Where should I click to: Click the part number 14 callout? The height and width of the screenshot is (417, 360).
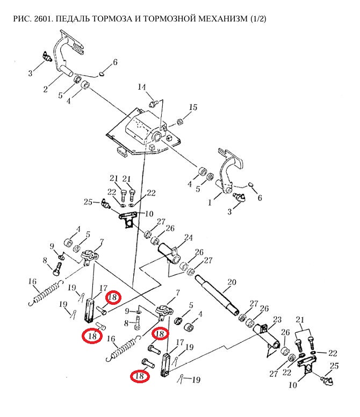[x=142, y=87]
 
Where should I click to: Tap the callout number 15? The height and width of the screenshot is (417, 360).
[x=192, y=108]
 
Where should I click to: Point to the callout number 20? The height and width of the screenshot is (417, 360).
[x=232, y=282]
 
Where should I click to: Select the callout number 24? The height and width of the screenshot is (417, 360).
[x=188, y=238]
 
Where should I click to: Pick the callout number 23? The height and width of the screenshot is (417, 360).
[x=277, y=320]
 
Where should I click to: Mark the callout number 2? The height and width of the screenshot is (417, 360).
[x=47, y=89]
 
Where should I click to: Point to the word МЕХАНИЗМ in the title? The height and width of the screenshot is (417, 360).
[x=221, y=19]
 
